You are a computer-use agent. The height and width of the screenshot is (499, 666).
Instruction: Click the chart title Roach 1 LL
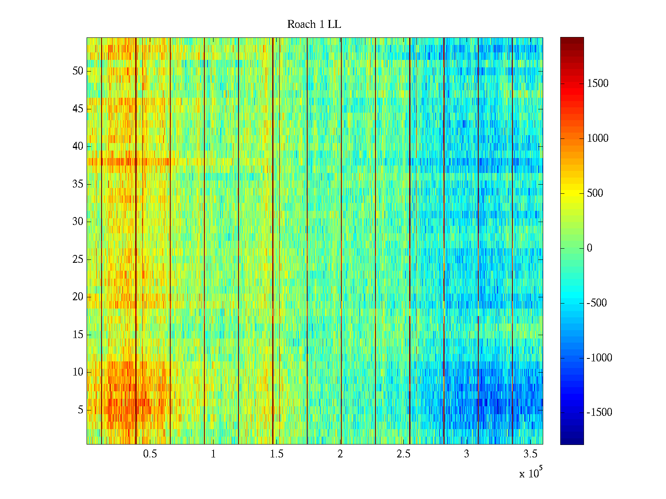pos(314,25)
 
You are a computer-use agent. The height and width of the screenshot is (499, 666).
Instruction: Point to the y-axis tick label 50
pos(78,71)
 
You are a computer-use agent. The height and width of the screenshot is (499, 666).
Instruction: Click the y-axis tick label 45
pos(78,109)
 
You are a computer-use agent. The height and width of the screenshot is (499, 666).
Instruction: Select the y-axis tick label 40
pos(78,146)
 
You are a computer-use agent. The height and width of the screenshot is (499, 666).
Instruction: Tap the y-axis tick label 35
pos(78,184)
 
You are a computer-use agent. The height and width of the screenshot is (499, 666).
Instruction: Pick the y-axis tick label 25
pos(78,259)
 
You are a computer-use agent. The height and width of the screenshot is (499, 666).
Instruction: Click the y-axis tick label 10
pos(78,372)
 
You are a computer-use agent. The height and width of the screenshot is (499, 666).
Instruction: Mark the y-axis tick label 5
pos(80,410)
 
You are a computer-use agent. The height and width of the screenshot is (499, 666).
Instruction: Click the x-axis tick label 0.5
pos(150,454)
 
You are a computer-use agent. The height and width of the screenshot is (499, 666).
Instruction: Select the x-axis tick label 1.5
pos(277,454)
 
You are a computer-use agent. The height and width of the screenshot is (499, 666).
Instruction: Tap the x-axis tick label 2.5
pos(403,454)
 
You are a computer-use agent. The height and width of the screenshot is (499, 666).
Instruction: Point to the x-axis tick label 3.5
pos(530,454)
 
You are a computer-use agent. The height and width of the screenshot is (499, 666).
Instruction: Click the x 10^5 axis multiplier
pos(531,473)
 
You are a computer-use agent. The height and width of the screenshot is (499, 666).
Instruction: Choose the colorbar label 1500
pos(598,84)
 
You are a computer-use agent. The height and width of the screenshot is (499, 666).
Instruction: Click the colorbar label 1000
pos(598,138)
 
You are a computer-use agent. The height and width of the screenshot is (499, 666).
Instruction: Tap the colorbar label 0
pos(589,248)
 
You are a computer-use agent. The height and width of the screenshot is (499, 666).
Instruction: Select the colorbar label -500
pos(596,303)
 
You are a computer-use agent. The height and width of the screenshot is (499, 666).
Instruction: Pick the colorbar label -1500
pos(599,413)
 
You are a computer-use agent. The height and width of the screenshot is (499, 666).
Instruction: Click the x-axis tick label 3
pos(467,454)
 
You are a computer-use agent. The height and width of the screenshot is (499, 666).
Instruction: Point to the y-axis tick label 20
pos(78,297)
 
